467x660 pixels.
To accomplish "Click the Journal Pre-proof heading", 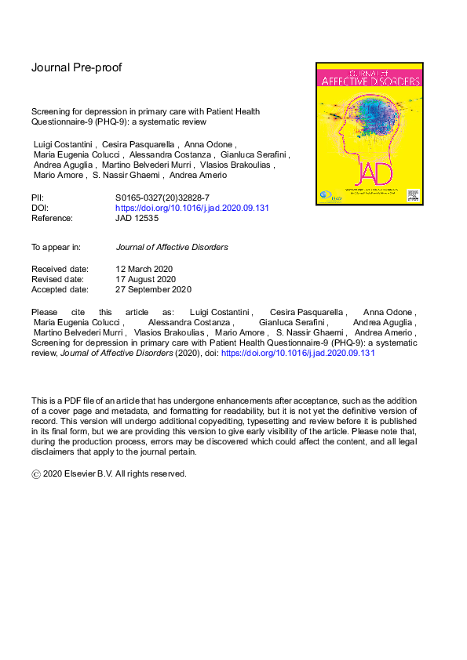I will click(x=76, y=67).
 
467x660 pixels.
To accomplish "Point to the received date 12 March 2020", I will click(x=144, y=269).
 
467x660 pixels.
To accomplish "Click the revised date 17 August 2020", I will click(x=145, y=279).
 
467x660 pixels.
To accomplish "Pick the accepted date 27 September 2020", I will click(x=153, y=289).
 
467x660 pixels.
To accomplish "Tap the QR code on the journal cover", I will click(x=412, y=193).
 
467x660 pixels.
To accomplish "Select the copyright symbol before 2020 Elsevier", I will click(x=35, y=474).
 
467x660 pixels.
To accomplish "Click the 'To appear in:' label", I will click(x=56, y=247).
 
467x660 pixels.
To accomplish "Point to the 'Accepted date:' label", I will click(x=60, y=289).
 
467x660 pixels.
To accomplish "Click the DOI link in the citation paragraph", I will click(x=299, y=354).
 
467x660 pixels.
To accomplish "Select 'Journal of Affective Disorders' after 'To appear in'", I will click(x=172, y=247).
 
